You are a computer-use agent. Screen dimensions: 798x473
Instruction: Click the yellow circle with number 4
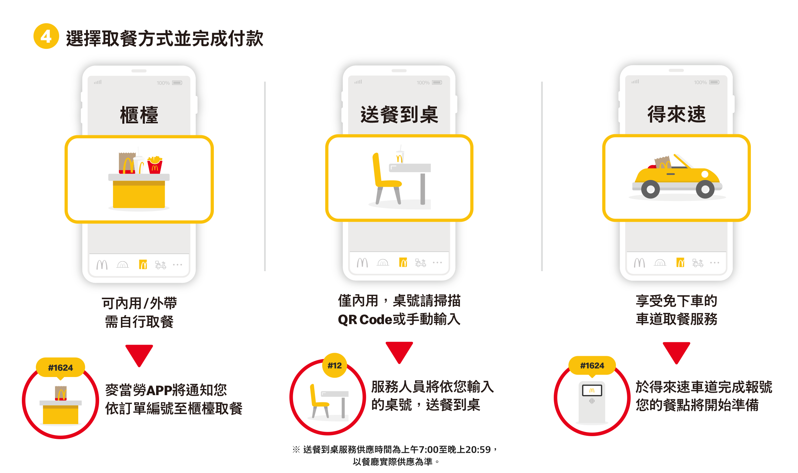(x=46, y=36)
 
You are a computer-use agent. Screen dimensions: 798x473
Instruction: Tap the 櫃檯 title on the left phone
(x=139, y=115)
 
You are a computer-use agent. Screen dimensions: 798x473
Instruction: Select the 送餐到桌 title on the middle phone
(x=399, y=114)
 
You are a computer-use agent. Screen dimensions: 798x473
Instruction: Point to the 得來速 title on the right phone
(x=676, y=114)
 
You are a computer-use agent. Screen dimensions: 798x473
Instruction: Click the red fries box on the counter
(x=155, y=165)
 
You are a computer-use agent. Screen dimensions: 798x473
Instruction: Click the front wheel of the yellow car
(x=705, y=189)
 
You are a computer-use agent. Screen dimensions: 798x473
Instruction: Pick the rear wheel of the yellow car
(x=650, y=189)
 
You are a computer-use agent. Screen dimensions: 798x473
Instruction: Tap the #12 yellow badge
(x=335, y=365)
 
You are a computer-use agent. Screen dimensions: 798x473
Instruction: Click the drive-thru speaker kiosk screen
(x=592, y=390)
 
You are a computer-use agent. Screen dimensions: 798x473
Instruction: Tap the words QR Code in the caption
(x=365, y=320)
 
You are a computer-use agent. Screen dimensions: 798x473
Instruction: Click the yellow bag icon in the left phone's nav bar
(x=143, y=264)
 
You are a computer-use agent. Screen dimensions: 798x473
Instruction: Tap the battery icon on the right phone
(x=714, y=82)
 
